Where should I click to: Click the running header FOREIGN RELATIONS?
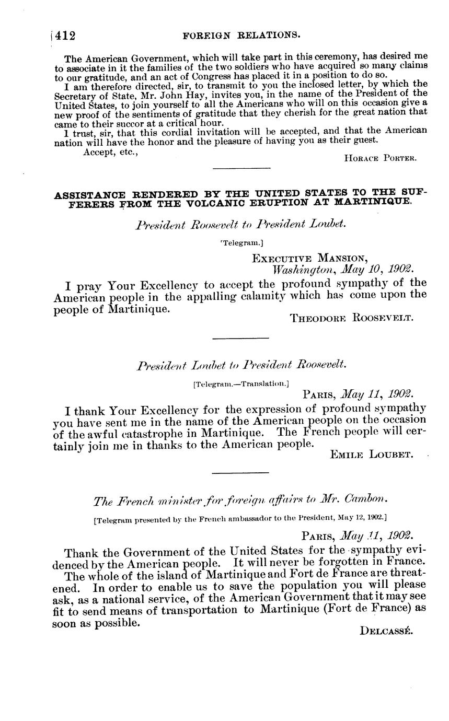(x=241, y=35)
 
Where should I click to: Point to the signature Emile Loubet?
(x=372, y=455)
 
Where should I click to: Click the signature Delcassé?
(x=386, y=631)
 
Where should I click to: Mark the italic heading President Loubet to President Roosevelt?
(x=241, y=365)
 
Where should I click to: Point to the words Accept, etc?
(x=110, y=152)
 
